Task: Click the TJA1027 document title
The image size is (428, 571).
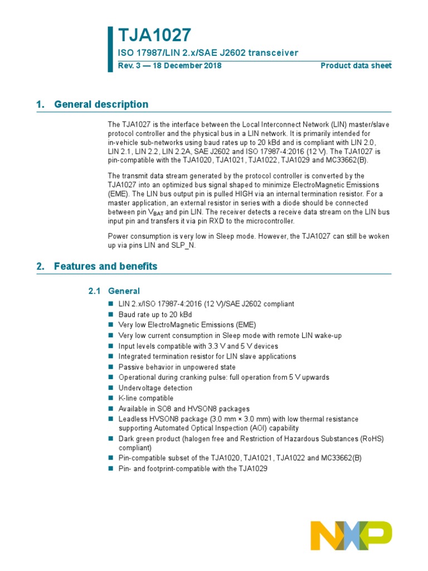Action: click(x=154, y=35)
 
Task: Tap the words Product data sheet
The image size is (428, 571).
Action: click(x=356, y=66)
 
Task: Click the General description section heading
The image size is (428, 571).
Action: click(x=101, y=104)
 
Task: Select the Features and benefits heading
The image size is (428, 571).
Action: click(x=105, y=266)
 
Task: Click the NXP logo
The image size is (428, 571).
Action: click(x=351, y=535)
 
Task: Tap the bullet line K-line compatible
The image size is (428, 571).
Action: click(x=145, y=398)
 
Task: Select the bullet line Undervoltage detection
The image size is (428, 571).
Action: click(x=153, y=388)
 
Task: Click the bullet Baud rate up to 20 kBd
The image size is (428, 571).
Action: click(x=157, y=314)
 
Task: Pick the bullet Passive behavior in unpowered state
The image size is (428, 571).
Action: click(x=177, y=367)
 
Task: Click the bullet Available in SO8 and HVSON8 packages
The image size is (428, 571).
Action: click(x=184, y=409)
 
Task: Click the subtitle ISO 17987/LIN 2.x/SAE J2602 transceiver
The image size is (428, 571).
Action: click(x=207, y=53)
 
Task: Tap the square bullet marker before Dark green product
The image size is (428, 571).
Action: click(x=110, y=439)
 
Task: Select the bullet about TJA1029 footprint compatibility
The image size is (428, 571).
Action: click(x=193, y=468)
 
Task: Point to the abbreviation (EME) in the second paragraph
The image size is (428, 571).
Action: click(x=118, y=193)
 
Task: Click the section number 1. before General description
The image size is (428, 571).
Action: click(x=40, y=104)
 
